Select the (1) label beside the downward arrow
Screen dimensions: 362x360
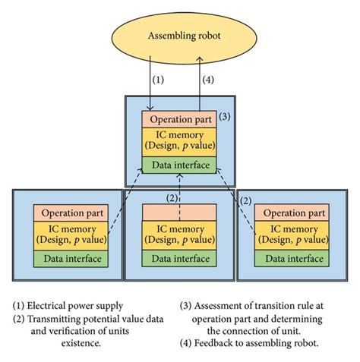click(x=158, y=80)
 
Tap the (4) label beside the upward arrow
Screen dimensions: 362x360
click(x=210, y=80)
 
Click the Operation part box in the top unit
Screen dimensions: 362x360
click(x=181, y=120)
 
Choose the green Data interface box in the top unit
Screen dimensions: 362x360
click(x=181, y=165)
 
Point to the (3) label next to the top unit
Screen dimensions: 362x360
click(x=225, y=117)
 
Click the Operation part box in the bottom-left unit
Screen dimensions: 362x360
click(x=71, y=213)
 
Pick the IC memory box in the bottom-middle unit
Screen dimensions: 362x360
click(x=181, y=235)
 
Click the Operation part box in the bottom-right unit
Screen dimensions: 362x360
click(x=291, y=213)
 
